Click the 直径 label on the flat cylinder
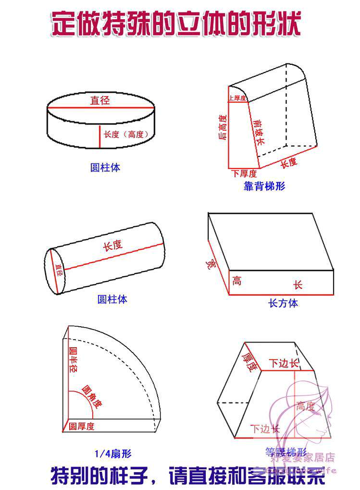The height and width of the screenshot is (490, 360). click(100, 100)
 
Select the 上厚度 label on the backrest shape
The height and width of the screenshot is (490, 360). click(237, 98)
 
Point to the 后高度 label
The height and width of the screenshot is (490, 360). click(223, 127)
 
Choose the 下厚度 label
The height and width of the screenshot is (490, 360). click(244, 173)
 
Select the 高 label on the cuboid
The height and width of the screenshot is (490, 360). click(236, 281)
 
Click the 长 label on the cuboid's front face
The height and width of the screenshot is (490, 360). click(298, 285)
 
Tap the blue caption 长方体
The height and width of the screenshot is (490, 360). click(283, 303)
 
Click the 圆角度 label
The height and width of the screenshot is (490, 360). click(91, 396)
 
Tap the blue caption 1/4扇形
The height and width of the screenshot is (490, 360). click(112, 453)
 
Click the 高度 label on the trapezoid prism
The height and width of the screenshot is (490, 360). click(305, 406)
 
